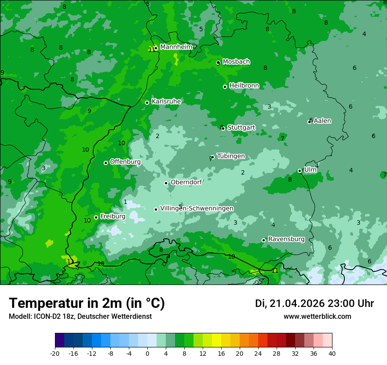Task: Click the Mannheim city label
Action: tap(176, 47)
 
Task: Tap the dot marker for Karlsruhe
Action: tap(147, 103)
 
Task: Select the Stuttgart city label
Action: tap(241, 128)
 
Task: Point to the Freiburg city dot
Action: tap(96, 217)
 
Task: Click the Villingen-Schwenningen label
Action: tap(197, 208)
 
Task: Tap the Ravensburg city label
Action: tap(286, 239)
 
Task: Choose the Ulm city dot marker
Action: tap(300, 171)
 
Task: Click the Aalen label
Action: tap(322, 121)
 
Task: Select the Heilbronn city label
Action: tap(244, 86)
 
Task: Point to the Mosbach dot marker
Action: tap(218, 63)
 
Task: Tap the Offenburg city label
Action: tap(125, 162)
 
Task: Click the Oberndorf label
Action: tap(186, 182)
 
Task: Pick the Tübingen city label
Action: tap(231, 156)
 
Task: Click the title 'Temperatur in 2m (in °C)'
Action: tap(87, 303)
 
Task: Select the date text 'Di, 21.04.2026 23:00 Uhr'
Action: tap(314, 303)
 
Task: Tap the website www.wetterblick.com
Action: tap(317, 316)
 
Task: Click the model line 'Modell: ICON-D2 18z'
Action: tap(80, 316)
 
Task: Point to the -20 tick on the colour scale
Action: tap(55, 353)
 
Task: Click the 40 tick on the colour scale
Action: tap(332, 353)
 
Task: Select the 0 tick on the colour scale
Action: tap(147, 353)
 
